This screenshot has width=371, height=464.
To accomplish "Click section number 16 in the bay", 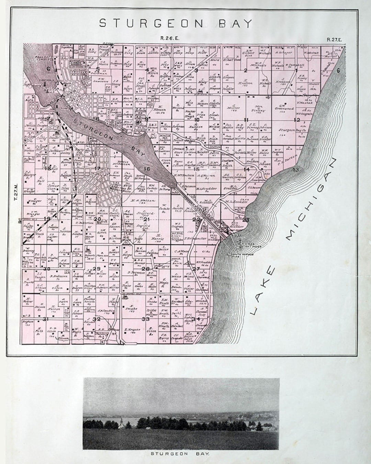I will (147, 169).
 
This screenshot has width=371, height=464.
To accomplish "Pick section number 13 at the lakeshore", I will (296, 169).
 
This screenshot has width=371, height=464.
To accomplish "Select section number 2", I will (246, 71).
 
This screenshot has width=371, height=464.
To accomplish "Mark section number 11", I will (246, 120).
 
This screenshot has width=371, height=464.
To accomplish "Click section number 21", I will (147, 219).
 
